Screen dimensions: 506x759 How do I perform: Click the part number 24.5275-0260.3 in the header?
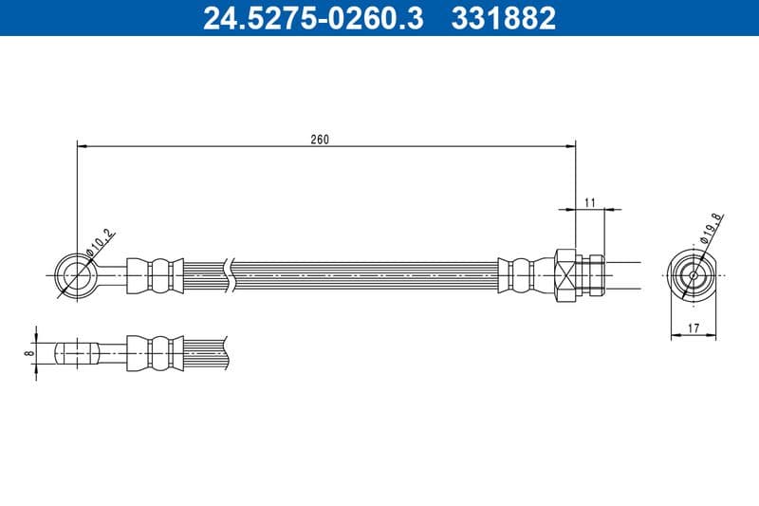(x=314, y=18)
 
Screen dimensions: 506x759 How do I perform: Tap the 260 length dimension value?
(x=320, y=140)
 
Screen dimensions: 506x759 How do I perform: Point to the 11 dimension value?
(x=589, y=201)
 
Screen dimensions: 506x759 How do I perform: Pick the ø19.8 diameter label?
(x=712, y=229)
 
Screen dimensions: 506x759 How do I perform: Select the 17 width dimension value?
(x=694, y=328)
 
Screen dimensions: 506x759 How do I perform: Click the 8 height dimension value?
(x=29, y=352)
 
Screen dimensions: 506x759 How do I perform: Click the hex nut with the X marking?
(x=564, y=275)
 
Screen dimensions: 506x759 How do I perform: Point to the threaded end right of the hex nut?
(x=593, y=275)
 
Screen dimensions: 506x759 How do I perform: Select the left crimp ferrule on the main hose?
(x=154, y=275)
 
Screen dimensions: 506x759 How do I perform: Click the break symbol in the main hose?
(x=228, y=275)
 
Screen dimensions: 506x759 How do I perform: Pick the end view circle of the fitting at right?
(x=693, y=275)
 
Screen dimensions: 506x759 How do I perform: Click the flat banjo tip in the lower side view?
(x=76, y=352)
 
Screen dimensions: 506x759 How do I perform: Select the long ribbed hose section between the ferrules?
(x=365, y=275)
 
